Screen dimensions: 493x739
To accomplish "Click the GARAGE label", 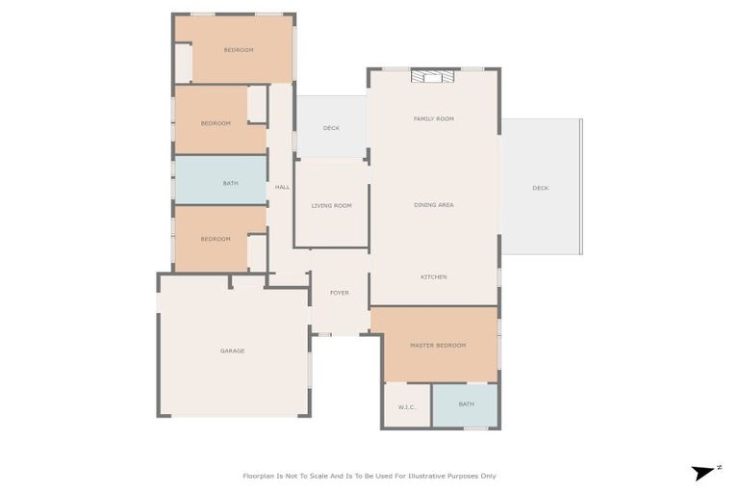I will pos(232,350).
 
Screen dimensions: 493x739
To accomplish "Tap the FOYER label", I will pos(339,293).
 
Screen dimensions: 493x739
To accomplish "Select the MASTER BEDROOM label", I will pos(438,345).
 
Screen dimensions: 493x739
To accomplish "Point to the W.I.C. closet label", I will pos(406,405).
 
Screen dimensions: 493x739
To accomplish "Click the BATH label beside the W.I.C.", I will pos(466,404).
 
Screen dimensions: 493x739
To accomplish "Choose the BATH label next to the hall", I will pos(230,183).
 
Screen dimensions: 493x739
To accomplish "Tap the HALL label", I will pos(282,187).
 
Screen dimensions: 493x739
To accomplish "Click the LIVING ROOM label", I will pos(331,205).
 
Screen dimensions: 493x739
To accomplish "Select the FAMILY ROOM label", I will pos(433,118).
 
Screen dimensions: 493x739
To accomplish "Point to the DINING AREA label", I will pos(433,204).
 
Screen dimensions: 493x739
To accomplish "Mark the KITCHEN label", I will pos(433,277).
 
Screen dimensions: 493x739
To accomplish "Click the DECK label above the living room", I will pos(331,128).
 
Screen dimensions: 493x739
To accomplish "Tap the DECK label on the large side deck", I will pos(541,188).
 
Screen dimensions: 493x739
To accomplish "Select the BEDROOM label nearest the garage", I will pos(216,239).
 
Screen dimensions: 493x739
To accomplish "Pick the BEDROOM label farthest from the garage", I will pos(239,50).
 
